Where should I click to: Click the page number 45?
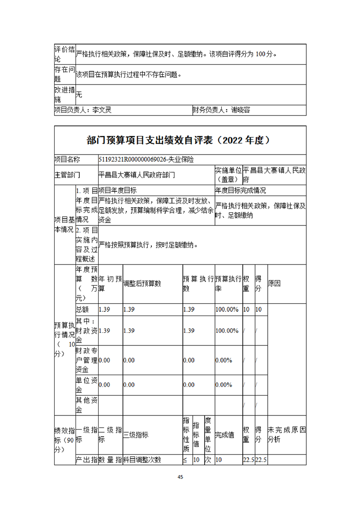pyautogui.click(x=180, y=477)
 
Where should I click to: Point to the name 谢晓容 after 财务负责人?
pyautogui.click(x=240, y=110)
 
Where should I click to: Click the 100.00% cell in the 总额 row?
pyautogui.click(x=227, y=310)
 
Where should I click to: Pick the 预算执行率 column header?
pyautogui.click(x=228, y=283)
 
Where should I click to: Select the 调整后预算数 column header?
pyautogui.click(x=142, y=284)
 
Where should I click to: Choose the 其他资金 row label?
pyautogui.click(x=86, y=405)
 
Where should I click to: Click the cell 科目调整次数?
pyautogui.click(x=142, y=460)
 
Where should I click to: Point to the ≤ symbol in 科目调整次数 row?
pyautogui.click(x=185, y=460)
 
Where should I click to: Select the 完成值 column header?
pyautogui.click(x=225, y=435)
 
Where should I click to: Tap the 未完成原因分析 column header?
pyautogui.click(x=286, y=435)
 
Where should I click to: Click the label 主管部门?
pyautogui.click(x=67, y=174)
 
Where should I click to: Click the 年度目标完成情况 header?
pyautogui.click(x=240, y=190)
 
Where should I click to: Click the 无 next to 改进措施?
pyautogui.click(x=79, y=95)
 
